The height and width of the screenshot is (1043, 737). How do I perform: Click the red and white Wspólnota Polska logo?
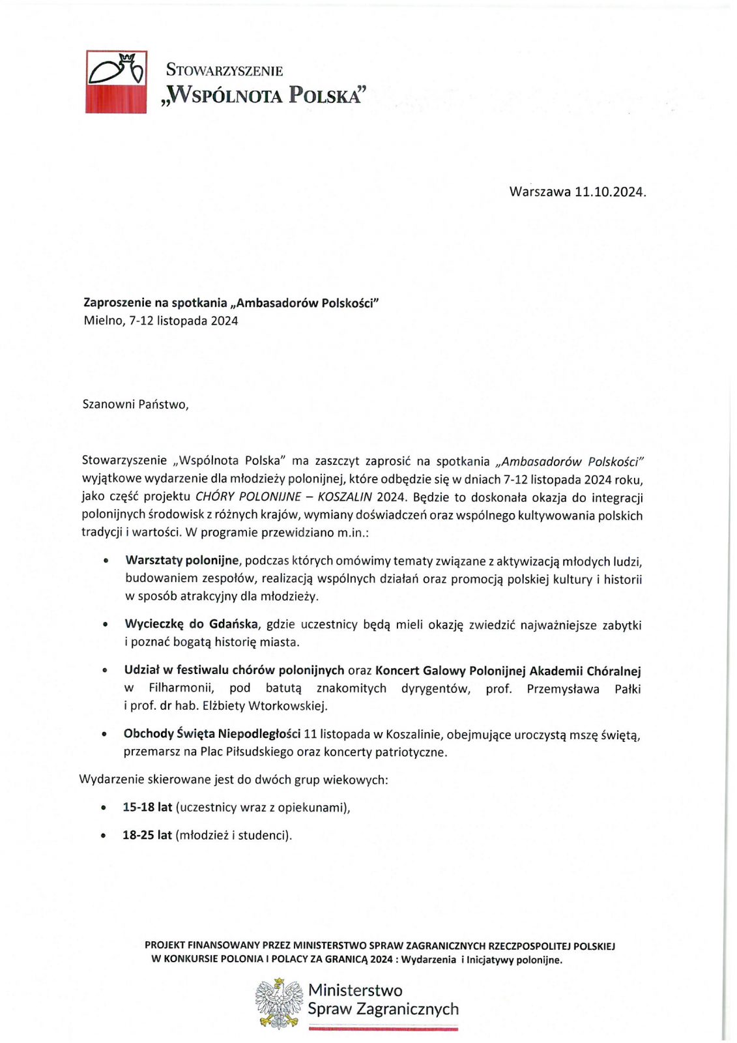click(116, 81)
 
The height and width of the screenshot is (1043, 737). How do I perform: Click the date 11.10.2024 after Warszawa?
click(610, 192)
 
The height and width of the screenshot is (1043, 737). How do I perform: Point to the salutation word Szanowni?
click(108, 404)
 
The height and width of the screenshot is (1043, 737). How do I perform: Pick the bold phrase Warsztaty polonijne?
click(182, 561)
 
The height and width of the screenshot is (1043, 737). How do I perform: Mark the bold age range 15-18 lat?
click(147, 807)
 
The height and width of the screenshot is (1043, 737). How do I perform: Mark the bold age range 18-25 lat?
click(147, 835)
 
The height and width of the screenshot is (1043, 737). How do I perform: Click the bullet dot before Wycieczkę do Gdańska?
click(105, 625)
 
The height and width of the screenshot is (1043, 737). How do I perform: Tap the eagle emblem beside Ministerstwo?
click(279, 1003)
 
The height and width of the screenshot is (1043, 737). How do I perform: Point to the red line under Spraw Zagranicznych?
click(383, 1028)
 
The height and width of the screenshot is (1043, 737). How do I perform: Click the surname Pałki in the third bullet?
click(628, 688)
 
